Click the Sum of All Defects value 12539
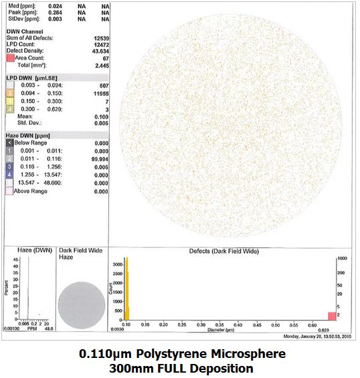[101, 39]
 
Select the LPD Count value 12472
[101, 45]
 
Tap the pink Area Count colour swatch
[10, 59]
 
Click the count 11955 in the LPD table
[100, 93]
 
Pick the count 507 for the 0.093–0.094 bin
[102, 86]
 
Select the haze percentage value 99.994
[100, 159]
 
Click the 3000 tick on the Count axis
[116, 264]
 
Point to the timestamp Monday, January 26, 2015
[317, 337]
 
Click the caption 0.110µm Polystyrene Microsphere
[182, 354]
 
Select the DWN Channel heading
[24, 32]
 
